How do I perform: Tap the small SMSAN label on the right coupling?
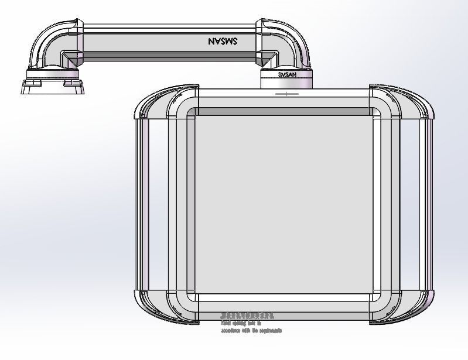pos(286,75)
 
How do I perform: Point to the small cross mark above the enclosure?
pos(286,93)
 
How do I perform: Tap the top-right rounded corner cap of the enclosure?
pos(410,102)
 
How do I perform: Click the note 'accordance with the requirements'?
pos(251,331)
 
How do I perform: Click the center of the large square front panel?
pos(284,205)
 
